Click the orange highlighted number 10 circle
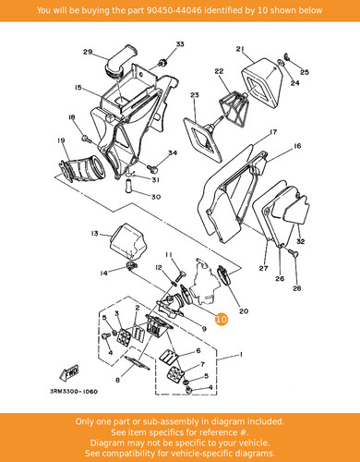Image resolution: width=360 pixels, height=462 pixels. [x=222, y=319]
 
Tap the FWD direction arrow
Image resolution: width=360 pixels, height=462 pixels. [x=69, y=372]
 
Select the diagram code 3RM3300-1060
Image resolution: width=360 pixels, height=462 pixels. [x=74, y=392]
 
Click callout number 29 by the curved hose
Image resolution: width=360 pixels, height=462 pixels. [x=88, y=52]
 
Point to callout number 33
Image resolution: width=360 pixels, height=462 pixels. [x=180, y=44]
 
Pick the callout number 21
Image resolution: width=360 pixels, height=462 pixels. [x=240, y=49]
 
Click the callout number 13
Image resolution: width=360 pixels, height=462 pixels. [x=94, y=234]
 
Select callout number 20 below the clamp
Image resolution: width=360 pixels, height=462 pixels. [x=244, y=311]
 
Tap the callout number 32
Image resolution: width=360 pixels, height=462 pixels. [x=300, y=241]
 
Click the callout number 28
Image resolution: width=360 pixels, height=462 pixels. [x=297, y=288]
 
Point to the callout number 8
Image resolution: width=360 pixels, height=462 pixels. [x=117, y=380]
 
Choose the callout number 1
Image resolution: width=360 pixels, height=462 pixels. [x=241, y=354]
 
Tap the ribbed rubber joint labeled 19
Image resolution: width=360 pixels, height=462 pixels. [x=81, y=169]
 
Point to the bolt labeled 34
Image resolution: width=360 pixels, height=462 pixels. [x=152, y=168]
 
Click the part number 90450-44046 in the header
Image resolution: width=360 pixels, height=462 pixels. [x=174, y=10]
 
